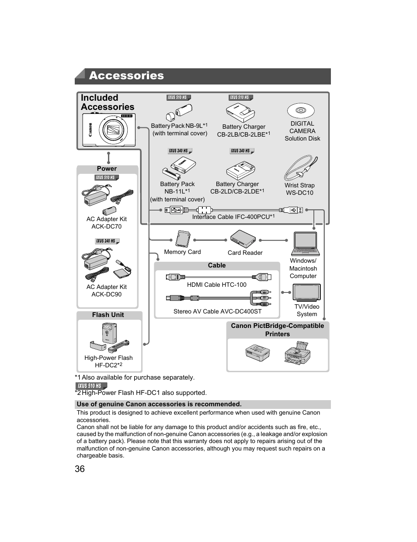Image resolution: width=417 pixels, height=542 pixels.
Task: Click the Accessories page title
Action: [126, 76]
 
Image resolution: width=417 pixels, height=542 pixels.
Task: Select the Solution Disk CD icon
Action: [300, 111]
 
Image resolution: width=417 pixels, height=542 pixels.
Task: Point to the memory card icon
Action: [182, 239]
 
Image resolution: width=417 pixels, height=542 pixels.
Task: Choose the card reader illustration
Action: [243, 239]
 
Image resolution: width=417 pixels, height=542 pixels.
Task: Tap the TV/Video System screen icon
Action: [306, 292]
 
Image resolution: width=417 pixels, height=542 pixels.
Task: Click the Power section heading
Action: [107, 169]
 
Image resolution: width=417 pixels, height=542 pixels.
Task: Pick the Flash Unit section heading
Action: [108, 315]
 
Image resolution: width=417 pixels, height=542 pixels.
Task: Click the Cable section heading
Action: [217, 265]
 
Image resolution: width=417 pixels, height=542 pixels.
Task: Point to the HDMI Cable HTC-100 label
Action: [217, 285]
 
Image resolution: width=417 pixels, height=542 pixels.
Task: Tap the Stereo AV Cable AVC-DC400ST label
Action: [217, 311]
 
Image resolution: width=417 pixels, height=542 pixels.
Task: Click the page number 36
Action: [80, 469]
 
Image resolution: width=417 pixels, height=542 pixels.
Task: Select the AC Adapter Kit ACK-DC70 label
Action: [107, 223]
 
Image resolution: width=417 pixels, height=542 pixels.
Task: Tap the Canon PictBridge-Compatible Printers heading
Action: [278, 330]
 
